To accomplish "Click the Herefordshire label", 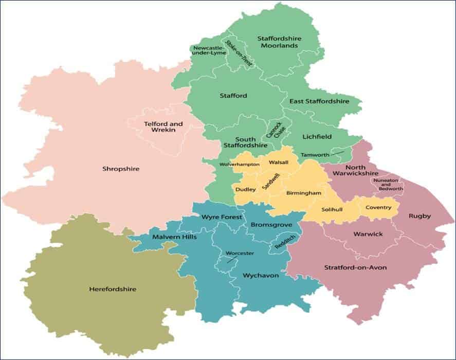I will point(113,289).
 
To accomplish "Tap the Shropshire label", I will point(121,169).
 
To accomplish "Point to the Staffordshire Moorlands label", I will point(279,42).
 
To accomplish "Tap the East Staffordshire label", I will point(319,101).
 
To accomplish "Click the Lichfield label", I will point(317,136).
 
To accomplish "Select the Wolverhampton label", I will point(239,164).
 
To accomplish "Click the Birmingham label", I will point(304,193).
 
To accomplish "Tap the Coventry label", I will point(382,207).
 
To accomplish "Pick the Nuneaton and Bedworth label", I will point(388,185).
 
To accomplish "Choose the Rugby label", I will point(420,216).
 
